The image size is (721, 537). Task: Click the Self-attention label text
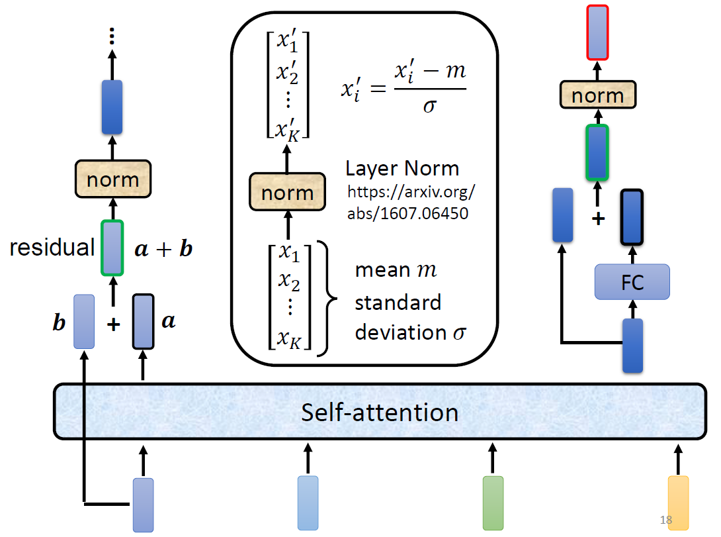pos(380,413)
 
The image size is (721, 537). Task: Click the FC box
pos(632,282)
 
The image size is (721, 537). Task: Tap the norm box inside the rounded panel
pos(287,193)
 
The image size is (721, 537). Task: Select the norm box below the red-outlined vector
pos(598,95)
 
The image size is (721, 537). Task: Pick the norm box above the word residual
pos(113,179)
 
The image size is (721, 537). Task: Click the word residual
pos(52,248)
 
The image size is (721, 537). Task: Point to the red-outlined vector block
pos(598,33)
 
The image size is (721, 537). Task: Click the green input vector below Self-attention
pos(493,503)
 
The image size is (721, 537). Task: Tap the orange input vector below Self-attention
pos(678,503)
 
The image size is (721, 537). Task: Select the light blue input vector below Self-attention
pos(308,503)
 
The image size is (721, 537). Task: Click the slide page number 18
pos(666,520)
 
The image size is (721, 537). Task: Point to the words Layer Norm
pos(402,168)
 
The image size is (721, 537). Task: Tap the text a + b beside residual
pos(163,249)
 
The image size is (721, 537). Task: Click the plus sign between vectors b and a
pos(112,324)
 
